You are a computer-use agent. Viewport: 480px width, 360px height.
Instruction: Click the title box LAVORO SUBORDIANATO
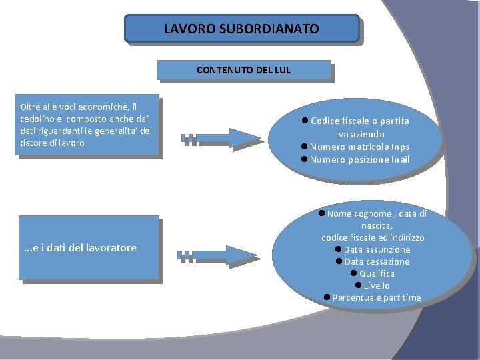(x=241, y=29)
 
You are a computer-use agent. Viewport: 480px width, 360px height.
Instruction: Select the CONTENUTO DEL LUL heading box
(x=243, y=70)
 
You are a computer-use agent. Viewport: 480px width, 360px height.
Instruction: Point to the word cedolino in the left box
(x=39, y=118)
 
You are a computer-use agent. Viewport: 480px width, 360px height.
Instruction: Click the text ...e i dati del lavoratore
(x=79, y=248)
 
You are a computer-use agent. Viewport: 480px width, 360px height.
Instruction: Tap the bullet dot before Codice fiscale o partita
(x=304, y=121)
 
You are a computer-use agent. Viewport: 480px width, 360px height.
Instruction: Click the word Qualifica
(x=377, y=273)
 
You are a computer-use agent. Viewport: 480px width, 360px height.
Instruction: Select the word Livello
(x=377, y=285)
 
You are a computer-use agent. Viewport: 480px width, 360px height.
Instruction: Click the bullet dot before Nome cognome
(x=321, y=213)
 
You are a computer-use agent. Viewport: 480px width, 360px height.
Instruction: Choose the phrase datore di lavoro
(x=53, y=143)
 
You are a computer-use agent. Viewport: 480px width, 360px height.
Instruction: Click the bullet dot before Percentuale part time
(x=327, y=297)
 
